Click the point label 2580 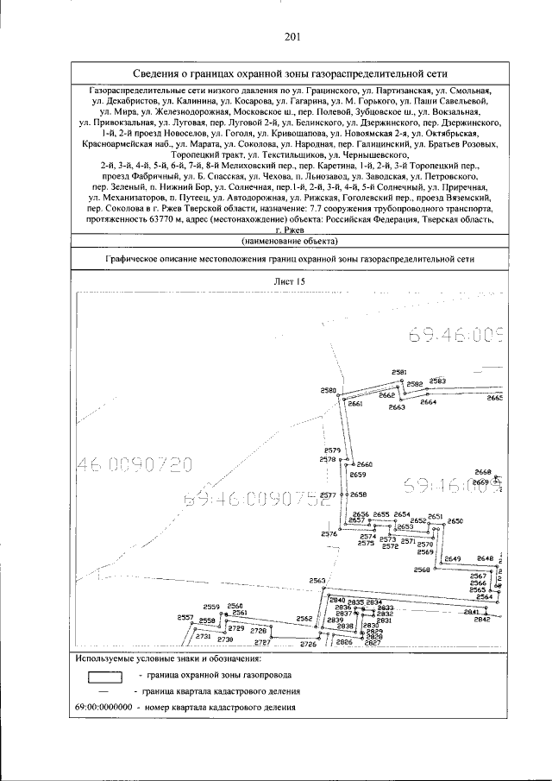coord(328,391)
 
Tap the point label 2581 coord(399,372)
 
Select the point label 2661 coord(355,404)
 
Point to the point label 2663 coord(397,406)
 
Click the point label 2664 coord(428,402)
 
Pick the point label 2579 coord(333,450)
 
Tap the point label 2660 coord(364,464)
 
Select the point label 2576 coord(329,534)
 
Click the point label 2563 coord(317,581)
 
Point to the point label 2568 coord(422,570)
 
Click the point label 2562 coord(304,618)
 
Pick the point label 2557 coord(185,617)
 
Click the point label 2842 coord(482,620)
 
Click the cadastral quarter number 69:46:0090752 coord(258,501)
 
